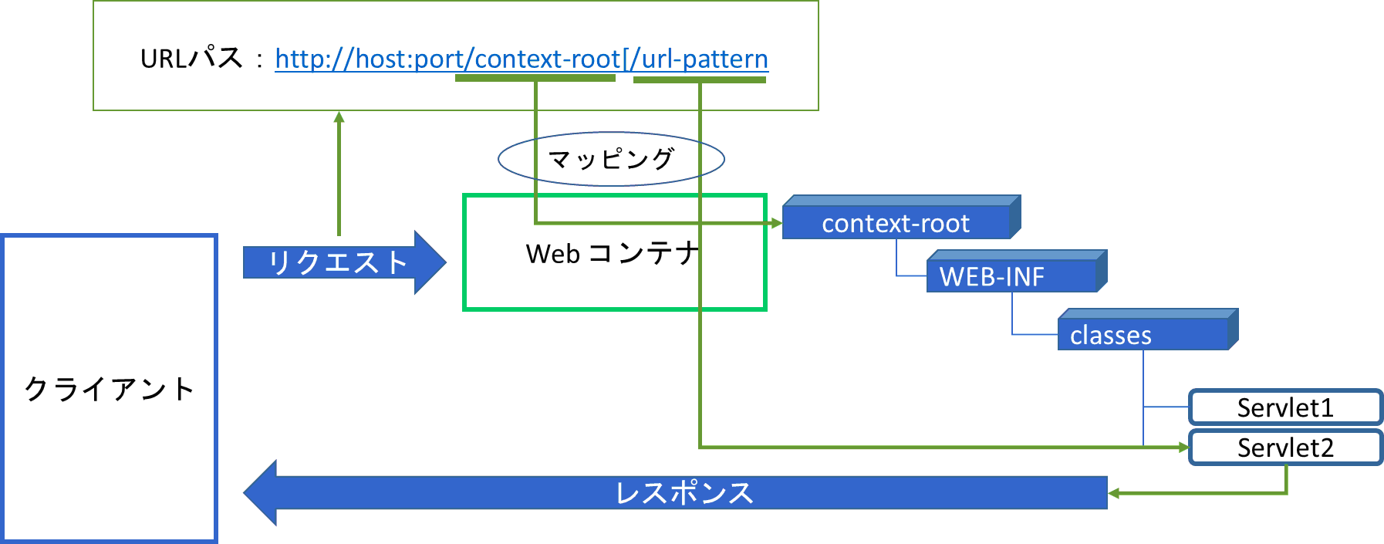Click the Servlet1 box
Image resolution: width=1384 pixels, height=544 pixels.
[x=1285, y=407]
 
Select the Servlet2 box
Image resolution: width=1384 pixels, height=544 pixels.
[x=1285, y=448]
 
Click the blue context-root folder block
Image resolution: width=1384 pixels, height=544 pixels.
[x=896, y=223]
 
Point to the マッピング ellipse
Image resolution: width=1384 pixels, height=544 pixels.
[x=611, y=159]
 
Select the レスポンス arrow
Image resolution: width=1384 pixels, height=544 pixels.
[x=679, y=492]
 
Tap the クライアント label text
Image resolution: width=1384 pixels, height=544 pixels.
[x=109, y=389]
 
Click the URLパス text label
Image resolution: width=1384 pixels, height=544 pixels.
[x=191, y=59]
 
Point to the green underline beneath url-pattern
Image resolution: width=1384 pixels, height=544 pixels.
[x=700, y=79]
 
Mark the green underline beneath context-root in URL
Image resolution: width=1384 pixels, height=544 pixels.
[x=535, y=78]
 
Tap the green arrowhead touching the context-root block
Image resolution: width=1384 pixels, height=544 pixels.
[x=777, y=223]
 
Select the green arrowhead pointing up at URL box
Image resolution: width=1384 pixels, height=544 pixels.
[x=339, y=117]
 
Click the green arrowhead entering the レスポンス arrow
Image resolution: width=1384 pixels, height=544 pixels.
[x=1113, y=492]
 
